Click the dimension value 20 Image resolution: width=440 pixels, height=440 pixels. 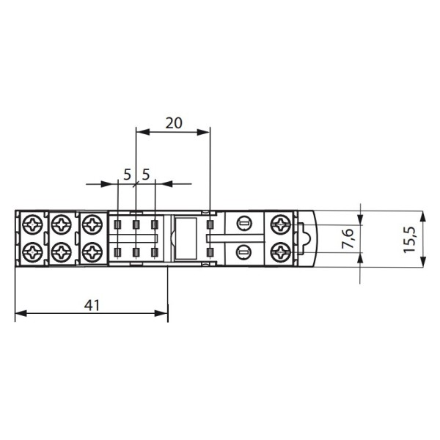click(x=174, y=123)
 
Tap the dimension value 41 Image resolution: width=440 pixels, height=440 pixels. click(x=92, y=305)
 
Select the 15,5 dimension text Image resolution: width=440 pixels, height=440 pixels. click(x=409, y=239)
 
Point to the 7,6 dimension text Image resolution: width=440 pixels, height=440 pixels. click(x=348, y=238)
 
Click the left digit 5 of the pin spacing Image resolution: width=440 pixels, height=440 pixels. click(x=128, y=175)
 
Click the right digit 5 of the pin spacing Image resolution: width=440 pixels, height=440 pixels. click(x=146, y=175)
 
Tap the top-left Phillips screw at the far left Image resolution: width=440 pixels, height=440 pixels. click(x=32, y=224)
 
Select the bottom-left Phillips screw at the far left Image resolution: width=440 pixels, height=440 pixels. click(x=32, y=252)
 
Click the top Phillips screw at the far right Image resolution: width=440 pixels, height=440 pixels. click(x=281, y=224)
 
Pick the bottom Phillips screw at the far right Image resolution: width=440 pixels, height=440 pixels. click(x=281, y=252)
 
